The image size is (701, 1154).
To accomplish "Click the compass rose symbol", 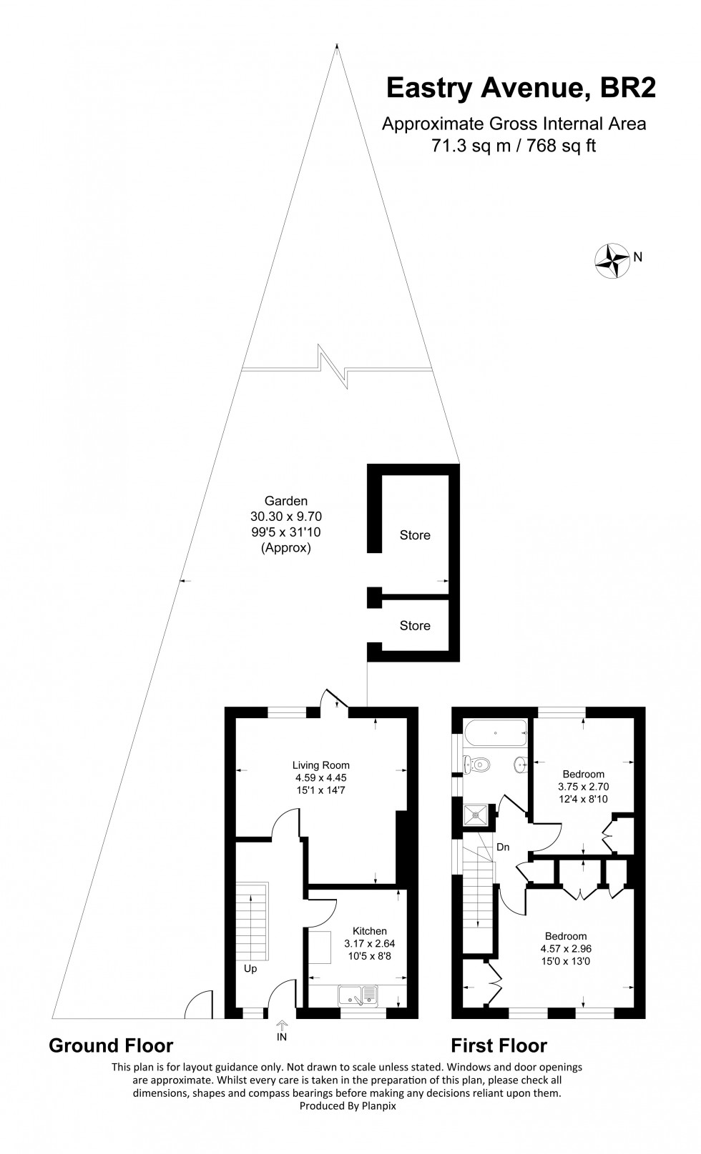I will (x=613, y=260).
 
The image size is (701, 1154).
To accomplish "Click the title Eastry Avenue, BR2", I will (x=520, y=88).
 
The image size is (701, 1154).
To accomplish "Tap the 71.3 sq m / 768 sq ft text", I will (x=514, y=146).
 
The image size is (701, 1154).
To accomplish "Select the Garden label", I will (x=285, y=501).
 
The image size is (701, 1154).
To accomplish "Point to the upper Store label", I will (x=415, y=535).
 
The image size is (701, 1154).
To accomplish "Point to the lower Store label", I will (x=415, y=626).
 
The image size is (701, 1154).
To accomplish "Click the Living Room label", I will (x=320, y=765).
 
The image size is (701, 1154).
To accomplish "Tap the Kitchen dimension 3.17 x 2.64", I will (x=369, y=943).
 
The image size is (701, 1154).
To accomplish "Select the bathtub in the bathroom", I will (x=495, y=732).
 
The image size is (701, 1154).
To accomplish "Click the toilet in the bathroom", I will (x=477, y=765).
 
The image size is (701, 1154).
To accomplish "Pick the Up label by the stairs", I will (x=250, y=970).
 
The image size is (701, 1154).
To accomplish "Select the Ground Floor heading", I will (x=111, y=1046).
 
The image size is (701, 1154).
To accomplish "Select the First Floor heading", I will (x=499, y=1046).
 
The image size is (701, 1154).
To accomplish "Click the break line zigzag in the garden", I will (x=333, y=367).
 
